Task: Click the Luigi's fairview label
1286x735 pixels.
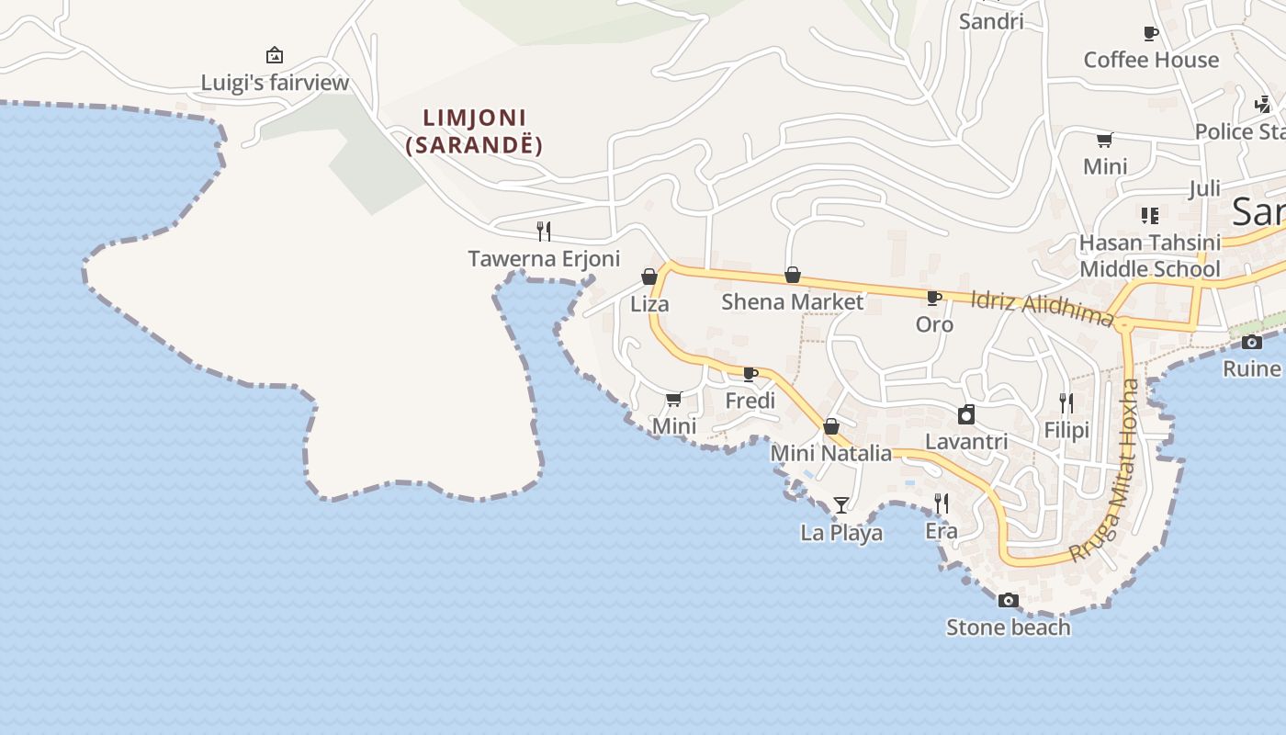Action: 276,83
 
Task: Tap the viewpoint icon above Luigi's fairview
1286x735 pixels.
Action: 274,55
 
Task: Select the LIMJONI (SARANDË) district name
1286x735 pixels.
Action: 474,131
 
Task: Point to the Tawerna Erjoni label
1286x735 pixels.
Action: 544,259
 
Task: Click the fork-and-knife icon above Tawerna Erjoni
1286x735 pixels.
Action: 544,231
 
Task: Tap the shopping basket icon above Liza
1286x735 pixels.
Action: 649,277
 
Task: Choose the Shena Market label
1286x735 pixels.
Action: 792,301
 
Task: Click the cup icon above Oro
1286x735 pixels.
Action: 933,298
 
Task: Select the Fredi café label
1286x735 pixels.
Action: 750,401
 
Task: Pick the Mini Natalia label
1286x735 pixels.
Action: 830,453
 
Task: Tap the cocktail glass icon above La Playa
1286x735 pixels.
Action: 840,504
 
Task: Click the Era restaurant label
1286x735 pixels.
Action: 942,531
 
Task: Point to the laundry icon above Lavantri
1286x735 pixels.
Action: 965,414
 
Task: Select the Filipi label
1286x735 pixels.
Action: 1066,430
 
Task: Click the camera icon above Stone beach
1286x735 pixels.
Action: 1008,600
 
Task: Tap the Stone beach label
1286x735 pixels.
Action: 1008,628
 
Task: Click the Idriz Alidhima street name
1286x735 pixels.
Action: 1042,307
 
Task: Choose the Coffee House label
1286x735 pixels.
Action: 1151,60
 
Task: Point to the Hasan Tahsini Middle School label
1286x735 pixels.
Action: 1150,255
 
